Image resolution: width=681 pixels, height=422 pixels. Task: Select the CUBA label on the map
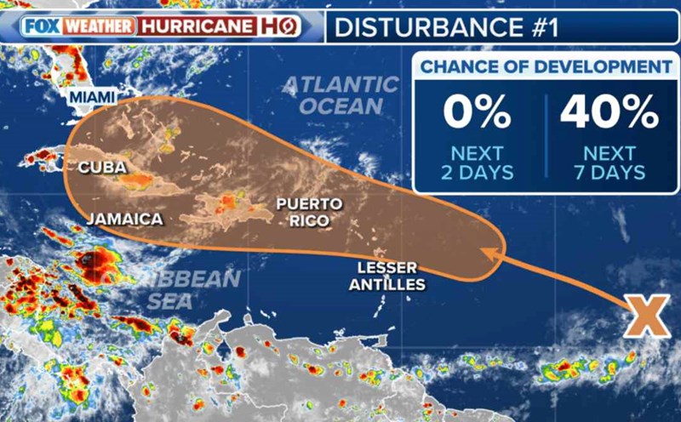[102, 168]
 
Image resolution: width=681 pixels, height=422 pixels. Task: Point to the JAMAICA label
[124, 219]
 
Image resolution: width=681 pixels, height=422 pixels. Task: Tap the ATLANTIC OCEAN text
[340, 94]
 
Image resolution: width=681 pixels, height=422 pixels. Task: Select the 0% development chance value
[477, 111]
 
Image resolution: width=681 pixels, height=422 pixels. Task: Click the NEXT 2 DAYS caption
[477, 163]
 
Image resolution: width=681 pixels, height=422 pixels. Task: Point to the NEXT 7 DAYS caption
[609, 163]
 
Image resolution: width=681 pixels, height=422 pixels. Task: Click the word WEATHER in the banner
[100, 26]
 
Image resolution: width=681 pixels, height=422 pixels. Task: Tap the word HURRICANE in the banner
[197, 26]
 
